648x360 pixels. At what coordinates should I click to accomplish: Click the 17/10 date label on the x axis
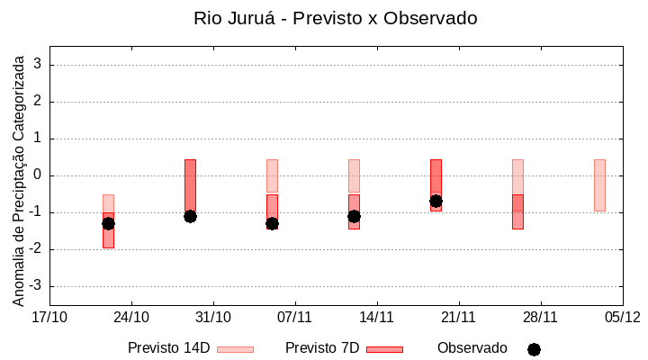coord(49,317)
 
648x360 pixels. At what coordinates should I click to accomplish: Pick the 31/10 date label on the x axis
coord(213,317)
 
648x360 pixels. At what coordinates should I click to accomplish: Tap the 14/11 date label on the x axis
coord(377,317)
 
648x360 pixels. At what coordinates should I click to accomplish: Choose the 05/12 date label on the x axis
coord(622,317)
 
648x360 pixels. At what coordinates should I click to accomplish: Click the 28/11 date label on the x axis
coord(540,317)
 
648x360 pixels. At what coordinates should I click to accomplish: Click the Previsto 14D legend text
coord(169,348)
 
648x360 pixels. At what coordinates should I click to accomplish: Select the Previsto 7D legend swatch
coord(384,349)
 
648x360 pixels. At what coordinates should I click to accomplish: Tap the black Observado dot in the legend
coord(534,349)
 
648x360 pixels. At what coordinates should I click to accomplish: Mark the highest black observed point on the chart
coord(436,201)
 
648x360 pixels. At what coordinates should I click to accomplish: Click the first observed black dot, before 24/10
coord(108,223)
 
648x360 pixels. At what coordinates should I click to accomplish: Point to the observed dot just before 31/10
coord(190,216)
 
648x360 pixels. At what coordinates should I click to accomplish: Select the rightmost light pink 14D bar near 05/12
coord(599,184)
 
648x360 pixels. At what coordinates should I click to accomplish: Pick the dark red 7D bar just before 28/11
coord(517,211)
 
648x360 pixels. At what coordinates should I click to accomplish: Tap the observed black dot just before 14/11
coord(354,216)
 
